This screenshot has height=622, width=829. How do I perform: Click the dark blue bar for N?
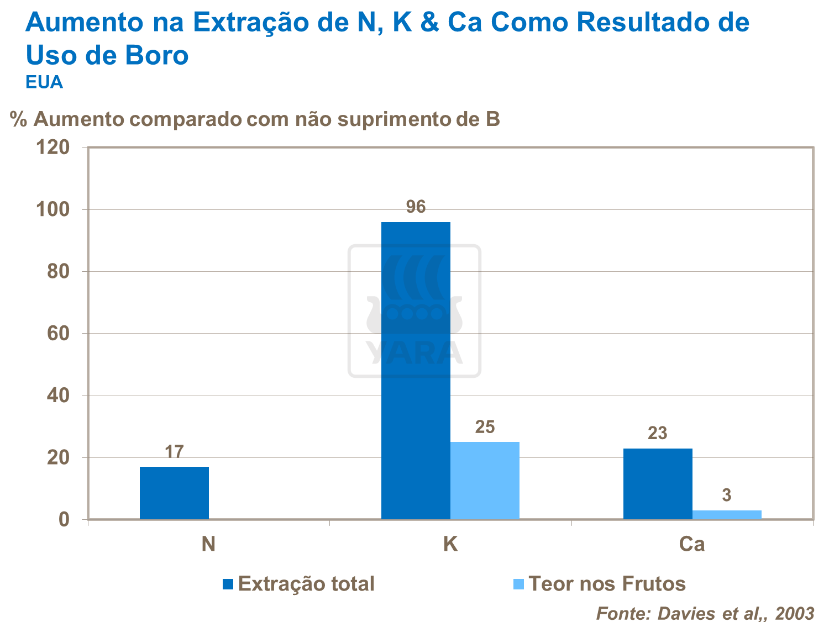(x=174, y=493)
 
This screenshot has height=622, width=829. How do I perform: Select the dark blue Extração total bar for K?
(x=416, y=370)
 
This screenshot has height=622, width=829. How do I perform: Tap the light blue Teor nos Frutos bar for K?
(x=485, y=481)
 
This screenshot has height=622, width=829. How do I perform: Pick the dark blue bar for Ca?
(x=658, y=484)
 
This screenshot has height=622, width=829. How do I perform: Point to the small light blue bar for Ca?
(x=727, y=515)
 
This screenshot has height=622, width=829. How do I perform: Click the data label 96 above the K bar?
(x=416, y=207)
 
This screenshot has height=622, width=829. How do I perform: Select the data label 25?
(x=485, y=427)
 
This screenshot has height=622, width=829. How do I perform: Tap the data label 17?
(x=174, y=452)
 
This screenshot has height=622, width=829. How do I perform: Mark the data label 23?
(x=658, y=434)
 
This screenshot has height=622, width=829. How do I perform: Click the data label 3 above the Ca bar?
(x=727, y=496)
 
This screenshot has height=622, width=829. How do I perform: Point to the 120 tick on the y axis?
(x=53, y=147)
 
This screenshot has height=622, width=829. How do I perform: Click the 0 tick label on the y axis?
(x=64, y=520)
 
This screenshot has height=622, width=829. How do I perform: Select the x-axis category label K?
(x=450, y=545)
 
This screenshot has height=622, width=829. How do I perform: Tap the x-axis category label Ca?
(x=692, y=545)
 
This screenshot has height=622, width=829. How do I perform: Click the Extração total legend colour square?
(x=228, y=584)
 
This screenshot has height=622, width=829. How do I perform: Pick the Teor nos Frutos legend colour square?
(x=518, y=584)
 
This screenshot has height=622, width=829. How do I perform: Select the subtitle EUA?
(x=44, y=82)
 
